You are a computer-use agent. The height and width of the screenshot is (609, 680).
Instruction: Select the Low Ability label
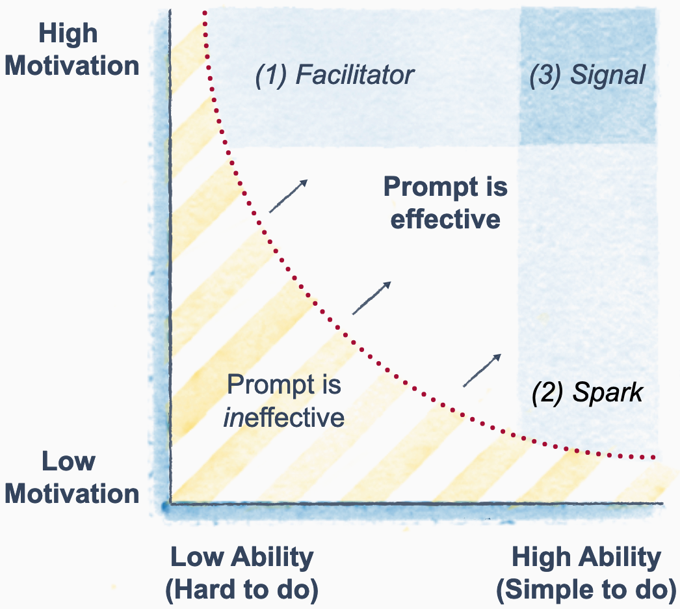pyautogui.click(x=242, y=558)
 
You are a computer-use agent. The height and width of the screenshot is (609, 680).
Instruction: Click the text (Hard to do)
pyautogui.click(x=242, y=591)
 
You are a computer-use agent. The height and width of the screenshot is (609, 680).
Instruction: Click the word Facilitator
pyautogui.click(x=354, y=75)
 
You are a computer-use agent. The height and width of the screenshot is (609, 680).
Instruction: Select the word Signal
pyautogui.click(x=607, y=76)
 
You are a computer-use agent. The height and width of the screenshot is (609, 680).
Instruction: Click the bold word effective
pyautogui.click(x=445, y=219)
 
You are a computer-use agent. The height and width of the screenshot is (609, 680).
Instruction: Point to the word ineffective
pyautogui.click(x=283, y=417)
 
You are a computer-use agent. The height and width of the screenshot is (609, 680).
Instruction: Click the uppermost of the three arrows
pyautogui.click(x=288, y=196)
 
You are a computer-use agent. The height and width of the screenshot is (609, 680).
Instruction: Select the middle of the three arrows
pyautogui.click(x=372, y=298)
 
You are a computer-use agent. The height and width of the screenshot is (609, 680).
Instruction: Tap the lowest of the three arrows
pyautogui.click(x=482, y=370)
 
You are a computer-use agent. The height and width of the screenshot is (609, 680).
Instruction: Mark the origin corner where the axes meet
pyautogui.click(x=169, y=503)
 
